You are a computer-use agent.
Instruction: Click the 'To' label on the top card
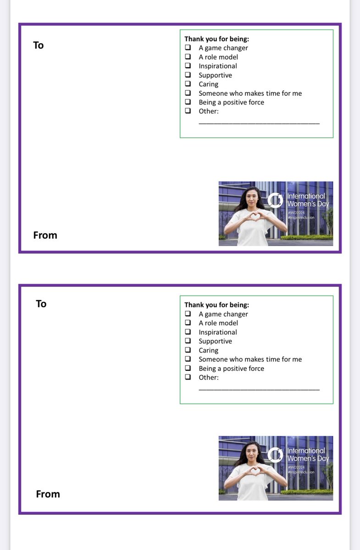click(39, 45)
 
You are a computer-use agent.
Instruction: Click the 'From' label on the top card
click(45, 235)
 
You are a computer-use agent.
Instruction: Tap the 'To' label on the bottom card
click(41, 304)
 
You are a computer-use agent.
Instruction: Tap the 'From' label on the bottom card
click(48, 494)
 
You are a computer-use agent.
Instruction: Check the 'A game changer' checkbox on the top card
click(188, 48)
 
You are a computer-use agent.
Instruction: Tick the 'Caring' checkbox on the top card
click(188, 84)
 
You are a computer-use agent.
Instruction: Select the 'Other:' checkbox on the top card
click(188, 111)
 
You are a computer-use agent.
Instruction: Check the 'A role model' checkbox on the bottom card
click(188, 323)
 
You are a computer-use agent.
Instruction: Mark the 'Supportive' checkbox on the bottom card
click(188, 341)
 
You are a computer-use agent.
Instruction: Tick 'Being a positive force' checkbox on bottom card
click(188, 368)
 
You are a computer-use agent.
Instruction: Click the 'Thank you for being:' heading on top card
click(216, 39)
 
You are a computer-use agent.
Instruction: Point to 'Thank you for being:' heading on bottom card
click(216, 305)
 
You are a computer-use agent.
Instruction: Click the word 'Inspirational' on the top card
click(217, 66)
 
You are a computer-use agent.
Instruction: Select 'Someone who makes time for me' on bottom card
click(250, 359)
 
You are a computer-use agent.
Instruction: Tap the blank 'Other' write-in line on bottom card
click(259, 389)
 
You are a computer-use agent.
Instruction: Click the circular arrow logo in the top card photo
click(275, 200)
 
